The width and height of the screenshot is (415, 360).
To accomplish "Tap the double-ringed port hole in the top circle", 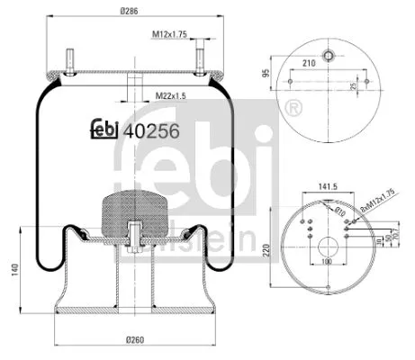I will click(x=329, y=54).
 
